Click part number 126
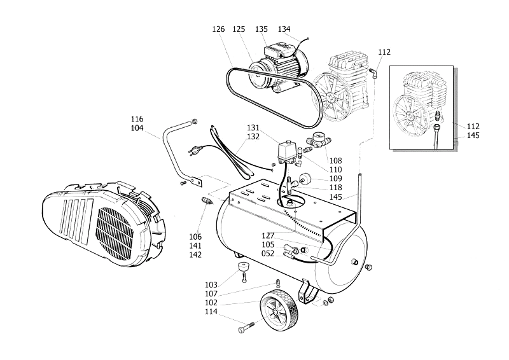[x=219, y=29]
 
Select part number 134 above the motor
[x=284, y=29]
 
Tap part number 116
[x=137, y=119]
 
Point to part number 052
[x=268, y=253]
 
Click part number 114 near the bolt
[x=211, y=312]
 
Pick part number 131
[x=253, y=127]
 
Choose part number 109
[x=335, y=179]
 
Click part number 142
[x=195, y=254]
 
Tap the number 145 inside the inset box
[x=473, y=135]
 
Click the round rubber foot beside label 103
[x=243, y=267]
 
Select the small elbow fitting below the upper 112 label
[x=375, y=74]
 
